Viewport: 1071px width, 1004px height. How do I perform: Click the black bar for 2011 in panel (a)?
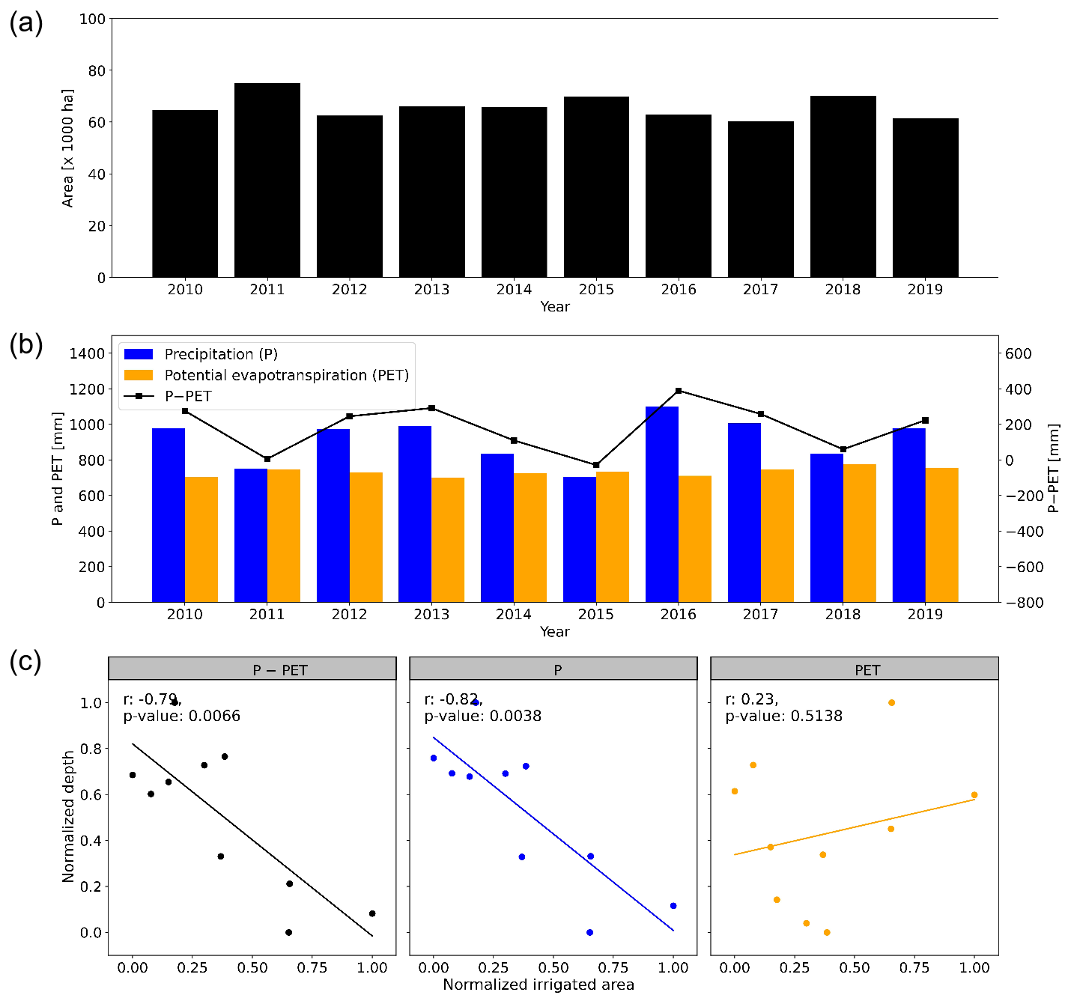pyautogui.click(x=267, y=180)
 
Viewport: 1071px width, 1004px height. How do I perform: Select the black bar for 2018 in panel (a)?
pyautogui.click(x=843, y=186)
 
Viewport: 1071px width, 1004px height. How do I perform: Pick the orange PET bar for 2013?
pyautogui.click(x=448, y=540)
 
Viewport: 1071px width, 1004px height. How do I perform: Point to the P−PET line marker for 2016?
pyautogui.click(x=679, y=390)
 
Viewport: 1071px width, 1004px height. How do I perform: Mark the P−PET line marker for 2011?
pyautogui.click(x=267, y=459)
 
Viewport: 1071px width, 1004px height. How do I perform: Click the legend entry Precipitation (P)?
pyautogui.click(x=221, y=354)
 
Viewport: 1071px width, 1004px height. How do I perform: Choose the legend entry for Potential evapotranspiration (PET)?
pyautogui.click(x=286, y=375)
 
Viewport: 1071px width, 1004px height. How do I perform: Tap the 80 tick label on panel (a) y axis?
pyautogui.click(x=97, y=70)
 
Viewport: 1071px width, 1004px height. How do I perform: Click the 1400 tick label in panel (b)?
pyautogui.click(x=87, y=353)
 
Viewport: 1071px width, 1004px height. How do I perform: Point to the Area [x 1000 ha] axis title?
pyautogui.click(x=68, y=148)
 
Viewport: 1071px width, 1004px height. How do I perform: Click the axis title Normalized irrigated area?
pyautogui.click(x=538, y=985)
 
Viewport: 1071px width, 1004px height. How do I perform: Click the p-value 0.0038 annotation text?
pyautogui.click(x=482, y=717)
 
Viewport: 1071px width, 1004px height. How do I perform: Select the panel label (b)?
pyautogui.click(x=26, y=345)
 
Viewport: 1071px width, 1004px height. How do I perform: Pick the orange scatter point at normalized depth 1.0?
pyautogui.click(x=891, y=702)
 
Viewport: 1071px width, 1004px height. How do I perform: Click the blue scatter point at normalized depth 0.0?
pyautogui.click(x=589, y=932)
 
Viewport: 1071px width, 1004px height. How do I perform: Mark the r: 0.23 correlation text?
pyautogui.click(x=752, y=699)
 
